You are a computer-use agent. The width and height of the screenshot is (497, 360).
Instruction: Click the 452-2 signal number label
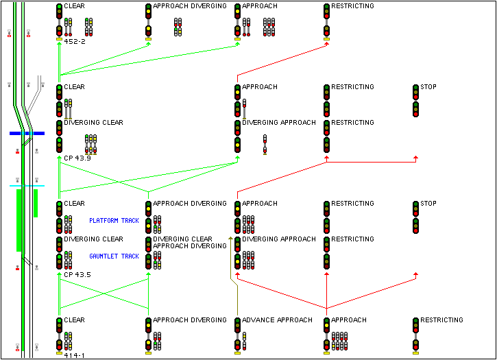pyautogui.click(x=74, y=42)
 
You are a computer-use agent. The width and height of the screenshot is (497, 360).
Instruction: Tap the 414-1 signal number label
pyautogui.click(x=74, y=355)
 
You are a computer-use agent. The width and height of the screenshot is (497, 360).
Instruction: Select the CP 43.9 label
pyautogui.click(x=77, y=158)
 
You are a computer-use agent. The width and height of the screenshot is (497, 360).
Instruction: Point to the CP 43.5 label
pyautogui.click(x=77, y=274)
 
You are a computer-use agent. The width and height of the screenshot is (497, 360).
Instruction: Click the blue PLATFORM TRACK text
pyautogui.click(x=114, y=221)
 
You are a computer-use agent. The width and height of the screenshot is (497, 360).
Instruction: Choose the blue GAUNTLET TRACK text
pyautogui.click(x=114, y=256)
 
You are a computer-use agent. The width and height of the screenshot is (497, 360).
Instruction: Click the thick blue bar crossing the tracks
pyautogui.click(x=27, y=133)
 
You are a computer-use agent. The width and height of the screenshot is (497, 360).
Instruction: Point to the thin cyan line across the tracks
pyautogui.click(x=27, y=186)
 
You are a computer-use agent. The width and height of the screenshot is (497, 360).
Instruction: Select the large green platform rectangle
pyautogui.click(x=19, y=220)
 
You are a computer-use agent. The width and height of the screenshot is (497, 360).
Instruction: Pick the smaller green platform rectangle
pyautogui.click(x=36, y=203)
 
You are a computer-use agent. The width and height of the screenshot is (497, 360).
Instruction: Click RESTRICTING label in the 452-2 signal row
pyautogui.click(x=353, y=6)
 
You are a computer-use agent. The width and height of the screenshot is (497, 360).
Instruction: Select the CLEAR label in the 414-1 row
pyautogui.click(x=74, y=320)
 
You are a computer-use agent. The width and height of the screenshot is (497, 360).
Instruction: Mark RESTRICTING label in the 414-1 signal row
pyautogui.click(x=442, y=320)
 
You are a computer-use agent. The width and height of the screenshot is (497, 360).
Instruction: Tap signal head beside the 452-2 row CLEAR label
pyautogui.click(x=59, y=11)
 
